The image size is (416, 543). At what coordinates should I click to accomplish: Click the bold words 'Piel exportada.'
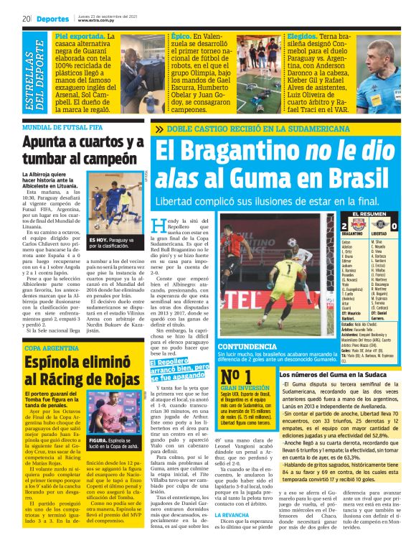[x=77, y=34]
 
